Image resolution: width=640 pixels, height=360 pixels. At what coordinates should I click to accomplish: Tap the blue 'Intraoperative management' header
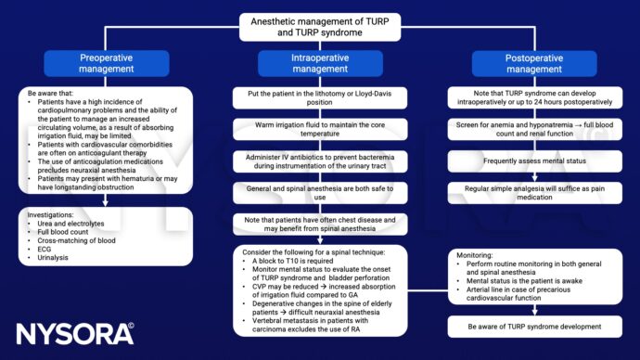[x=319, y=64]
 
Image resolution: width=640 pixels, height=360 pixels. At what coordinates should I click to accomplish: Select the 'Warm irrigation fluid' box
[x=319, y=133]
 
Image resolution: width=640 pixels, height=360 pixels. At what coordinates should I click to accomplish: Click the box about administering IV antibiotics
[x=319, y=164]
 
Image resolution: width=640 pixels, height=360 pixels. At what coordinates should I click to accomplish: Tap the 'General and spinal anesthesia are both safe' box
[x=319, y=196]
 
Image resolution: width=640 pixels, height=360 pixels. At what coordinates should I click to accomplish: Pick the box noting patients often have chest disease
[x=319, y=228]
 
